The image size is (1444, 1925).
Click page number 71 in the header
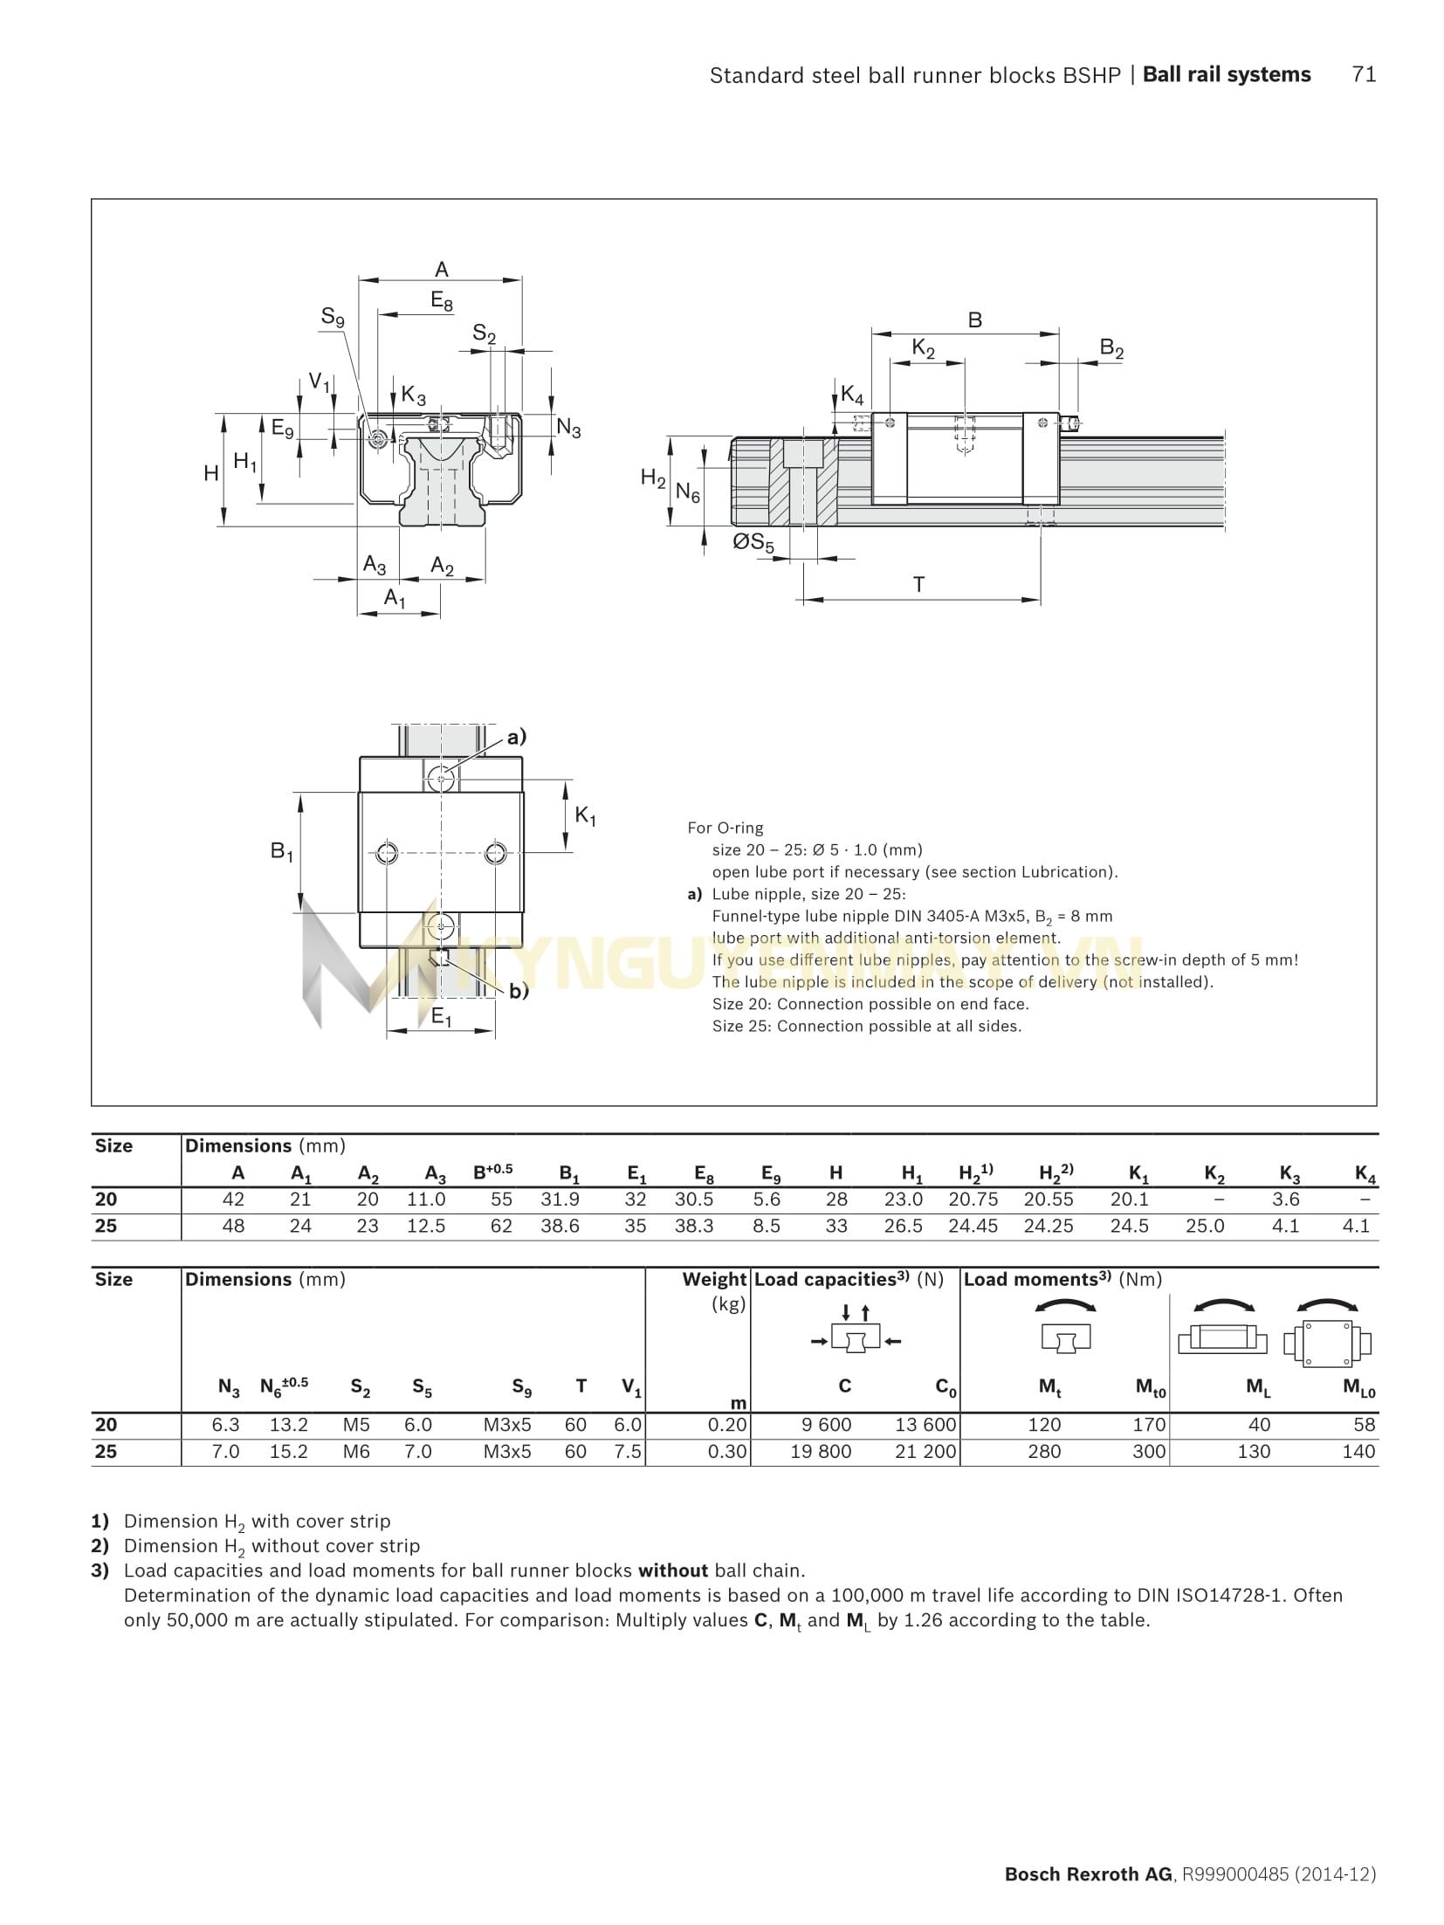tap(1364, 75)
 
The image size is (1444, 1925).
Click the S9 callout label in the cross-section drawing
tap(333, 317)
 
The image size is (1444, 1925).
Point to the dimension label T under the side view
tap(918, 584)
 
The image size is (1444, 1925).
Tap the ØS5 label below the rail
tap(753, 543)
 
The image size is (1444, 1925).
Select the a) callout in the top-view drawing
tap(517, 737)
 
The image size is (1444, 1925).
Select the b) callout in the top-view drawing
tap(519, 991)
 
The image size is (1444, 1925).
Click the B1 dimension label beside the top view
tap(281, 851)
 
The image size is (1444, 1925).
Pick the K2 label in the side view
tap(924, 348)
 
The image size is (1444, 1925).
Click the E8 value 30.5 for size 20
tap(694, 1200)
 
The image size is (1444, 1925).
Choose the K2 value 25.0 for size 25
tap(1205, 1226)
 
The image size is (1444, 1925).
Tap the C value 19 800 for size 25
tap(821, 1451)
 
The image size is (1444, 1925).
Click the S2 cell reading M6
tap(357, 1451)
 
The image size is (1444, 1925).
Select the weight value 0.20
tap(727, 1425)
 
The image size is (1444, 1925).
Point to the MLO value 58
tap(1364, 1425)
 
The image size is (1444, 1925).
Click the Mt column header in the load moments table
tap(1049, 1387)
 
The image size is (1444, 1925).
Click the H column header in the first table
tap(836, 1173)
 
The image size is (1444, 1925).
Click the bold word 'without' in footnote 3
tap(672, 1571)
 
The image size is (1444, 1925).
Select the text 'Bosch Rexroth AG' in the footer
tap(1088, 1874)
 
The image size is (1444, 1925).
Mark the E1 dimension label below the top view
tap(442, 1017)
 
